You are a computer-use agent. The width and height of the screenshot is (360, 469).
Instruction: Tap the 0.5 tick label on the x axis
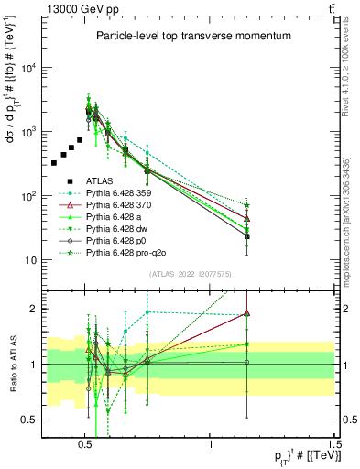click(85, 442)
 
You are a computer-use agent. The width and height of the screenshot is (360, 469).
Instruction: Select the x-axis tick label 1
click(211, 442)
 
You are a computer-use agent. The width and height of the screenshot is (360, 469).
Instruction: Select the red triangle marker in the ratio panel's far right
click(247, 313)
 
